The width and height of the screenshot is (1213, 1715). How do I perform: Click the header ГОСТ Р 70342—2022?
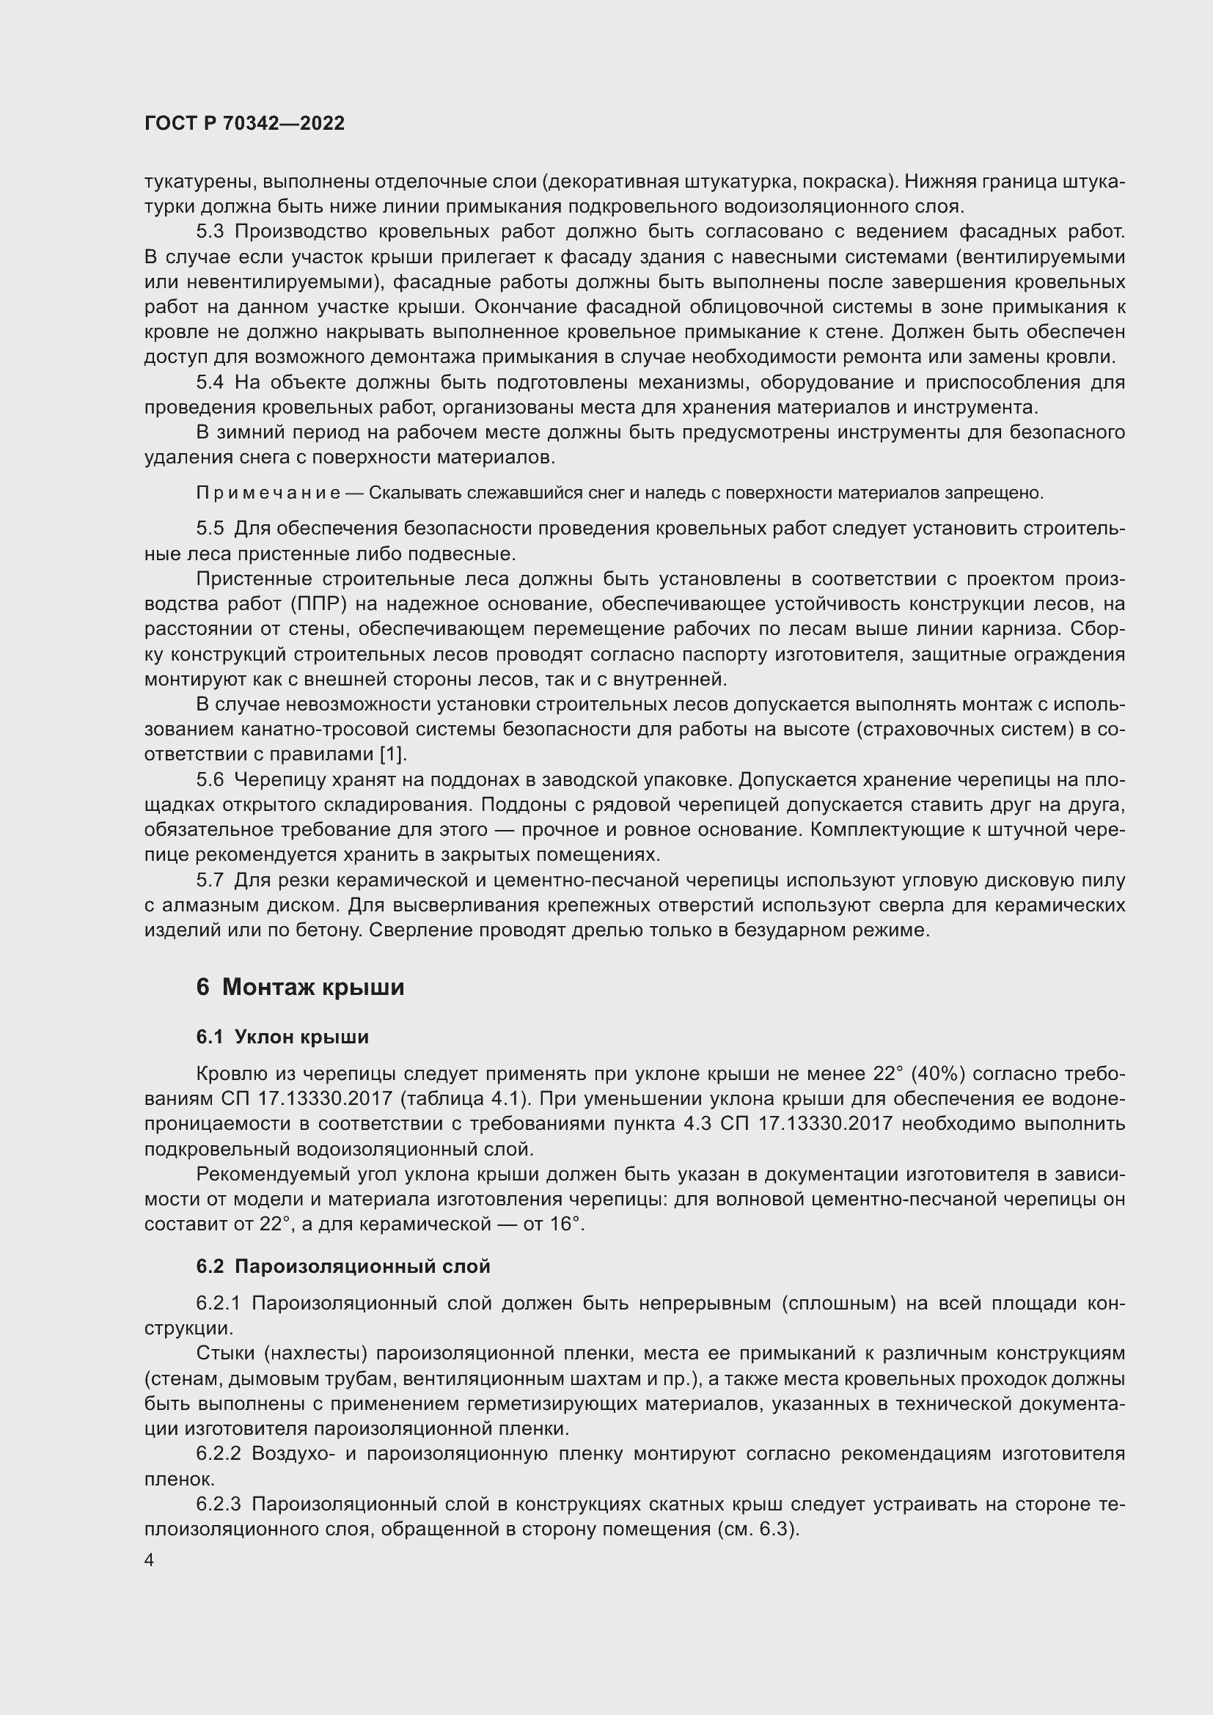click(244, 124)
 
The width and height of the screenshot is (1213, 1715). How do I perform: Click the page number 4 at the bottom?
click(150, 1560)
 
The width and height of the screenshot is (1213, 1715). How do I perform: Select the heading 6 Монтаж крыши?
click(300, 987)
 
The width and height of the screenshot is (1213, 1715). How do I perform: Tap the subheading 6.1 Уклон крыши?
click(282, 1037)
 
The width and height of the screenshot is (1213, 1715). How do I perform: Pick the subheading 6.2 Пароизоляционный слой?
click(342, 1266)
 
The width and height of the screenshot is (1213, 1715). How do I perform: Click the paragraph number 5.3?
click(210, 232)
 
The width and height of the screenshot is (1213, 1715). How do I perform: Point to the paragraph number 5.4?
click(210, 383)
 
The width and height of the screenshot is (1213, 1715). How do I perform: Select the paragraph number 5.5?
click(210, 528)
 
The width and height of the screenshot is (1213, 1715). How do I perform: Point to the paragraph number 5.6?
click(210, 780)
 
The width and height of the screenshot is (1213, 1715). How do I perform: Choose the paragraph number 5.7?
click(210, 881)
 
